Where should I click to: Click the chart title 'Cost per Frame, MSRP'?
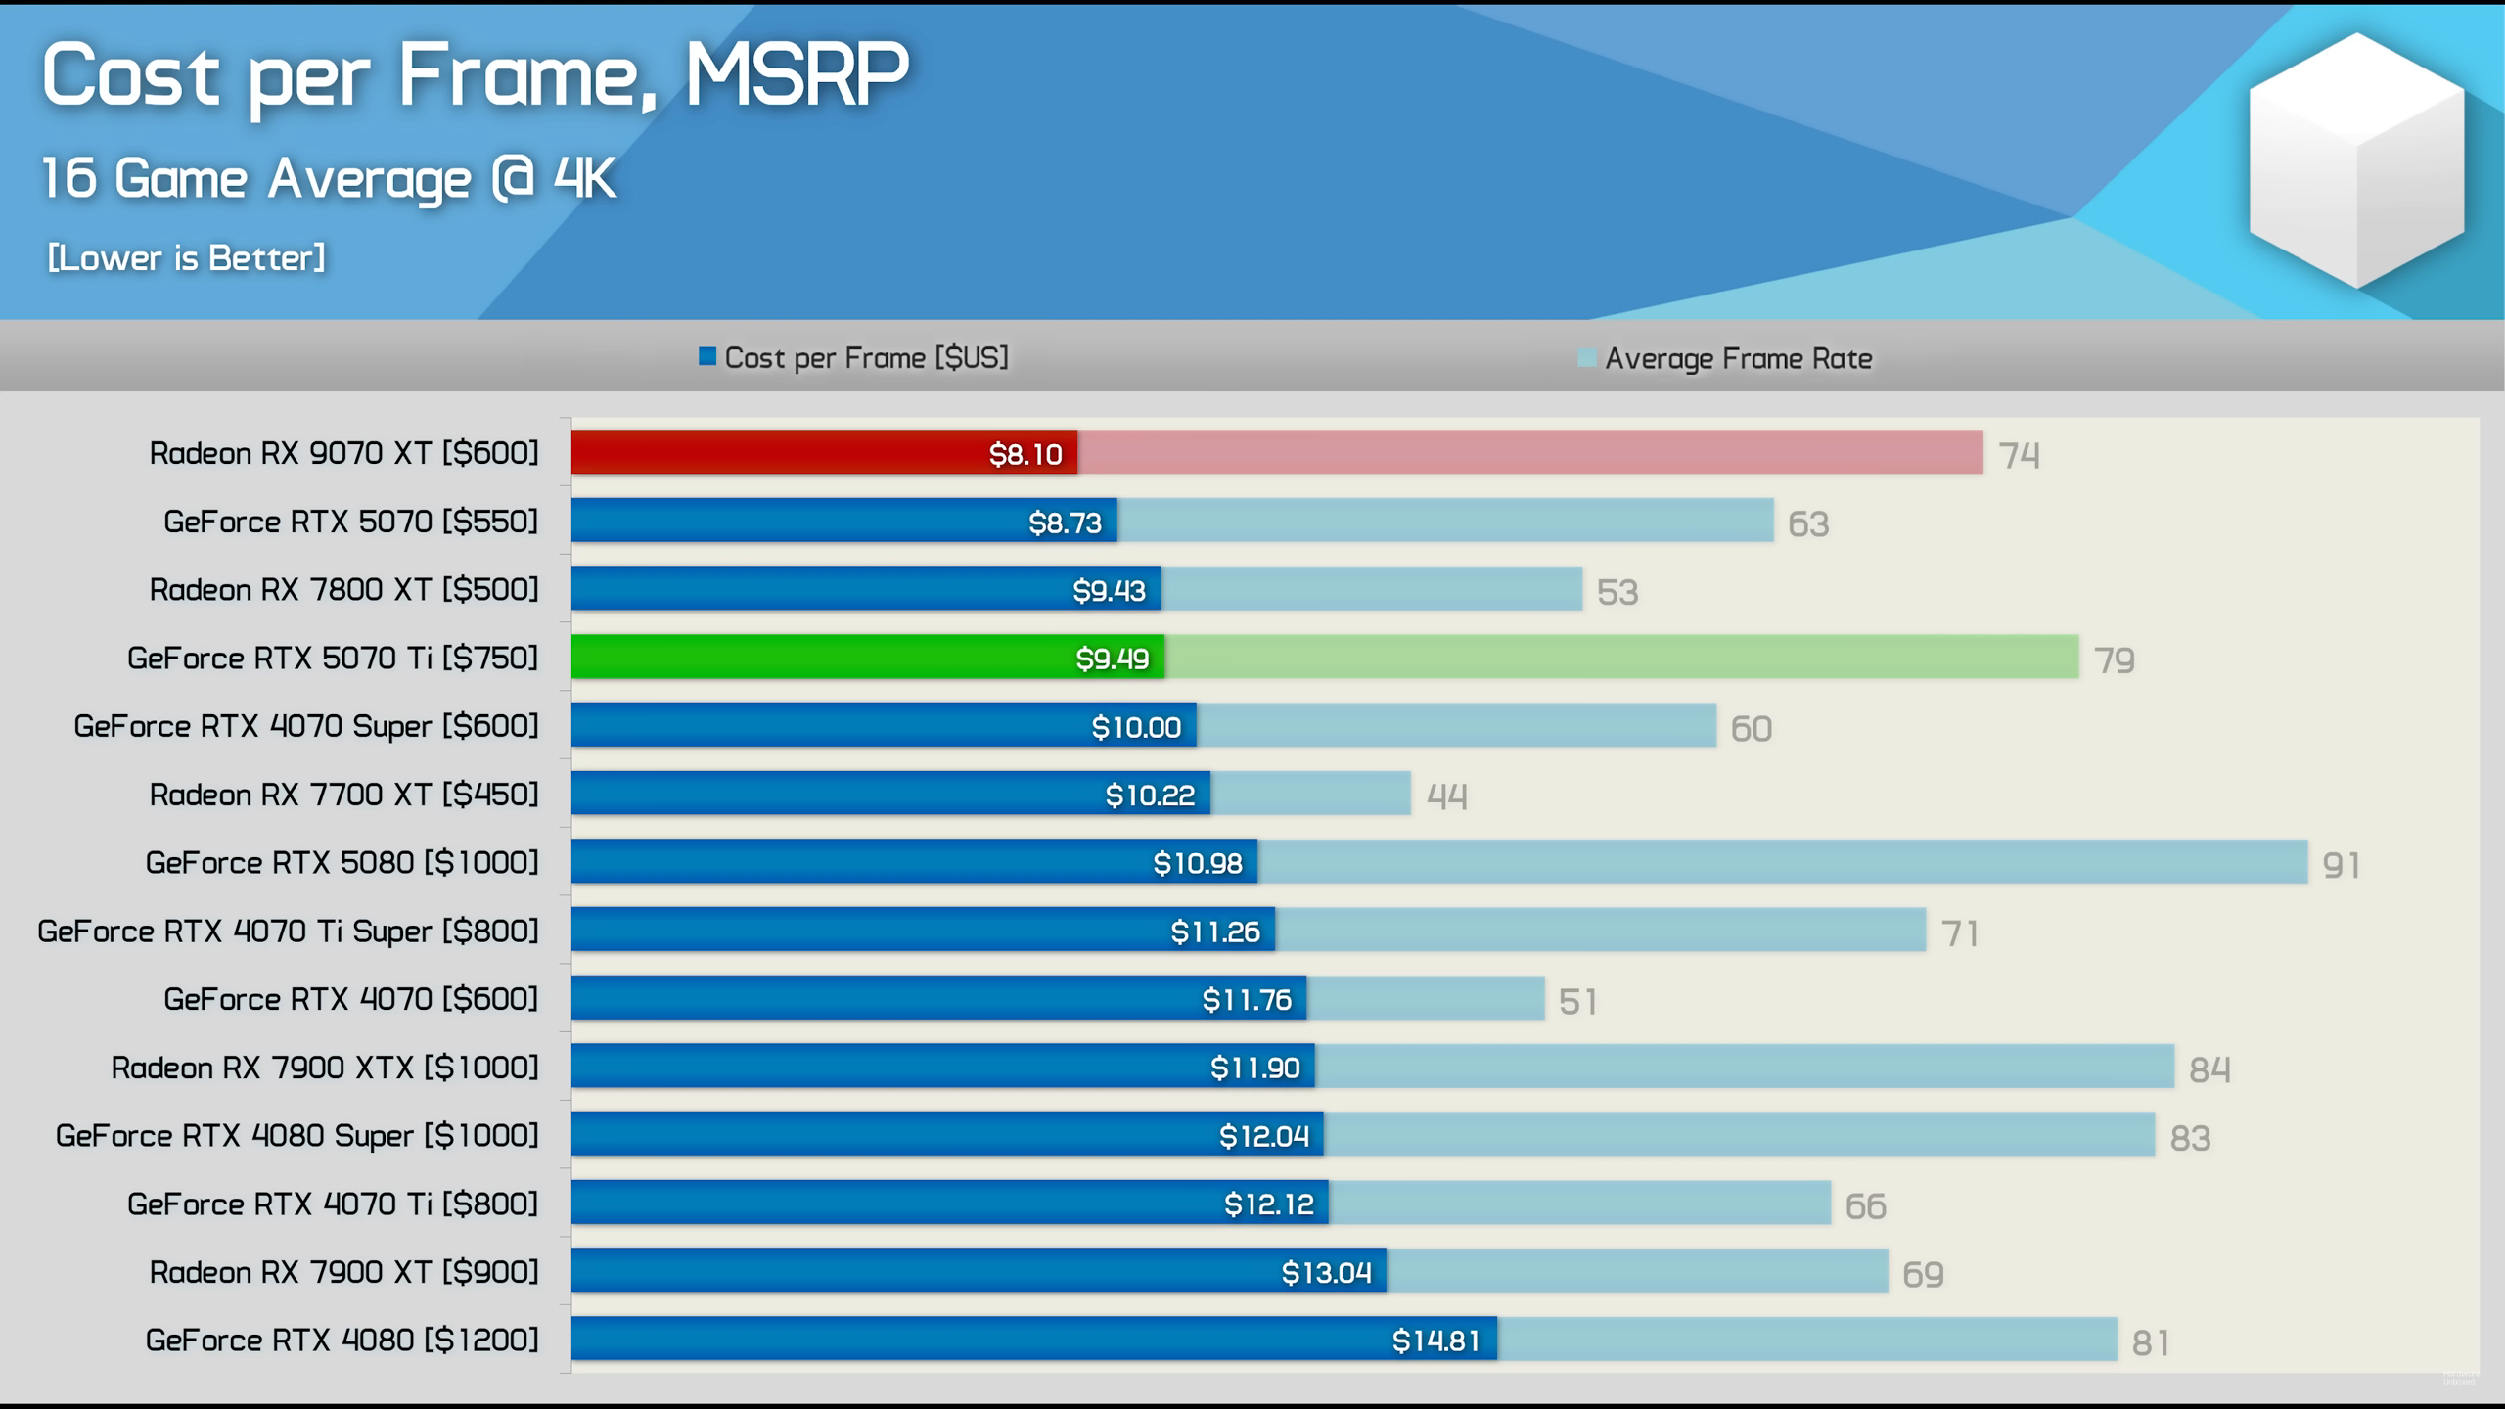476,76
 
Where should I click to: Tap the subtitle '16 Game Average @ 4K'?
329,179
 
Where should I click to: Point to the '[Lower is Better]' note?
186,258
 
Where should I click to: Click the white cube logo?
2355,161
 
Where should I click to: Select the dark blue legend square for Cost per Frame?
706,357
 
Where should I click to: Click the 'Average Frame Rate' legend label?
1738,359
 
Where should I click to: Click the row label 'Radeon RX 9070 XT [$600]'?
343,453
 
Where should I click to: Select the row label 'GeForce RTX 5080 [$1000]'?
342,863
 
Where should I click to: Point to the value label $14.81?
1435,1341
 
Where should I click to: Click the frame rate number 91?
2341,865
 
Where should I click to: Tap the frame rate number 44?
1446,796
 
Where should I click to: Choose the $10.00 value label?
1136,727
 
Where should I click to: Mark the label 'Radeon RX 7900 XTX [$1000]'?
325,1068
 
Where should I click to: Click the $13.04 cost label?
1326,1273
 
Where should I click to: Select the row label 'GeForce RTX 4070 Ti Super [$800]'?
288,932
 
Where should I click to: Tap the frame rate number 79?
2114,660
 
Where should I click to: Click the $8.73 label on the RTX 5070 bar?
1065,523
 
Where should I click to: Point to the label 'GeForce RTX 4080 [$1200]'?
342,1341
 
